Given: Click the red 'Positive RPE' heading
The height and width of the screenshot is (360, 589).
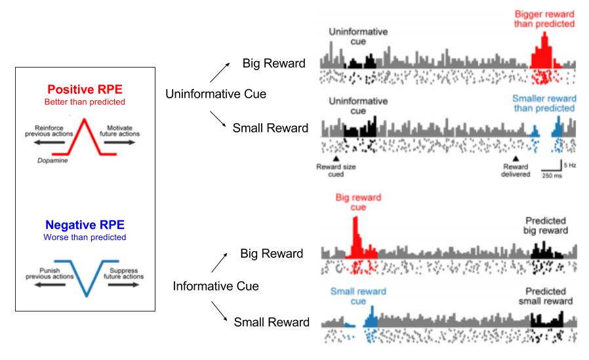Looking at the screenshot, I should tap(84, 89).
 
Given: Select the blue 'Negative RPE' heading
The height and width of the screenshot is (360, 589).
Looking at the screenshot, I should tap(84, 225).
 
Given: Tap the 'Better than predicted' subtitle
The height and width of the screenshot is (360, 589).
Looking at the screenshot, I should tap(84, 102).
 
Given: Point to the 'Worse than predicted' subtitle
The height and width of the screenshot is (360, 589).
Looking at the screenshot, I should tap(84, 237).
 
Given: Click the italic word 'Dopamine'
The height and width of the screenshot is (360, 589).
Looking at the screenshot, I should tap(51, 159).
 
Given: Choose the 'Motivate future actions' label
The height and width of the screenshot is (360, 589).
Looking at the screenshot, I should tap(119, 132).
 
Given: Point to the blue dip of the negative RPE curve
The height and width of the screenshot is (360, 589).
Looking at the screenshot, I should tap(85, 295).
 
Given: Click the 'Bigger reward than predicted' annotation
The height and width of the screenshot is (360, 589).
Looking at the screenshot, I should tap(544, 19).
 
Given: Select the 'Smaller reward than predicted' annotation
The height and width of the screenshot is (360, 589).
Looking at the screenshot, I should tap(544, 103).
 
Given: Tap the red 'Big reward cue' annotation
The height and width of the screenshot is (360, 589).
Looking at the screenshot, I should tap(358, 202).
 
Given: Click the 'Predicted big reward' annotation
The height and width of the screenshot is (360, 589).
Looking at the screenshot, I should tap(546, 226).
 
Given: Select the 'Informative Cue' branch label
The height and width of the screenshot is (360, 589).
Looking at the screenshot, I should tap(216, 286).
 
